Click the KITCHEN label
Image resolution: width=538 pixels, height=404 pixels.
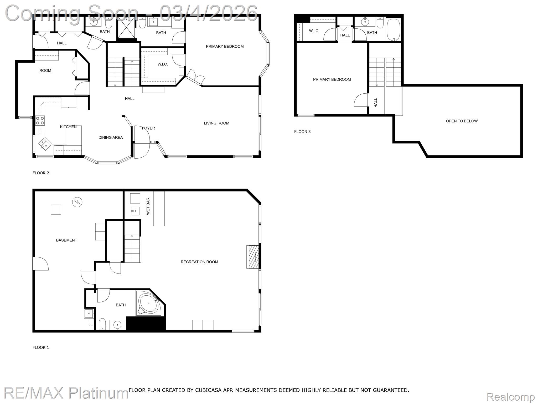[68, 127]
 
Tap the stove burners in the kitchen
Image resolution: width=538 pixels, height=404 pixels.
[40, 120]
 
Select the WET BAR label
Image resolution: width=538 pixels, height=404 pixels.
[148, 206]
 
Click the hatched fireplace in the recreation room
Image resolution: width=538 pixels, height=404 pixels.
[252, 257]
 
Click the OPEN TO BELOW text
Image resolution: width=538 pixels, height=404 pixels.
[462, 121]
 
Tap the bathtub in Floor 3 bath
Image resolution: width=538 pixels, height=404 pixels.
[393, 29]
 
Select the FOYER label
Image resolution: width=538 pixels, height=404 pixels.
[148, 128]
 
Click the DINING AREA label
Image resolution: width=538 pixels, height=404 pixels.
[111, 137]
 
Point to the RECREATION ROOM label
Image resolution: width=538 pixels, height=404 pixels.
[199, 262]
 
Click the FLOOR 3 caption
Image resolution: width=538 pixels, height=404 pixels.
[302, 132]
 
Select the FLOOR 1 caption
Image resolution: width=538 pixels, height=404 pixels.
[41, 347]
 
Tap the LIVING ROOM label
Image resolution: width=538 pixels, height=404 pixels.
[216, 123]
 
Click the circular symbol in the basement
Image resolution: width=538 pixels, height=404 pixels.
[77, 202]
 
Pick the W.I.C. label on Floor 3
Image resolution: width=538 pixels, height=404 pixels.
[314, 31]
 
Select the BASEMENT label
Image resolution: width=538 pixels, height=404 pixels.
[66, 240]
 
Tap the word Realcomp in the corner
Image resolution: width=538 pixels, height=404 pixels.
[510, 397]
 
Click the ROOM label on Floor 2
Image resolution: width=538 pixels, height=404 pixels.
[45, 70]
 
